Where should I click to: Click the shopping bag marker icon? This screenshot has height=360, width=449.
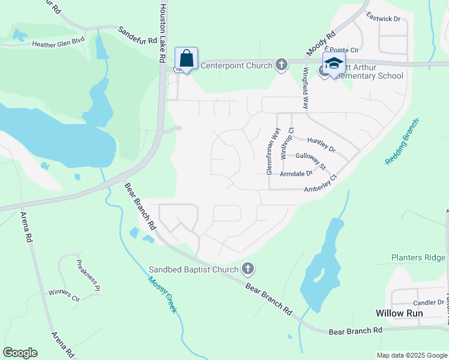tap(186, 59)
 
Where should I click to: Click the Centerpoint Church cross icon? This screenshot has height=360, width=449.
tap(281, 64)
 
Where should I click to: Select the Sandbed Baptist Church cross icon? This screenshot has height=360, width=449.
tap(247, 268)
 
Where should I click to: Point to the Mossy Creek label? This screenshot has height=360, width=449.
tap(163, 293)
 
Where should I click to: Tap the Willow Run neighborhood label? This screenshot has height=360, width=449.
tap(399, 313)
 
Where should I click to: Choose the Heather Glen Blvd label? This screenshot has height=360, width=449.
tap(59, 43)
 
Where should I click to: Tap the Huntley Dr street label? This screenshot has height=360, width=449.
tap(321, 144)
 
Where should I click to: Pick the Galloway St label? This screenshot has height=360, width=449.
tap(310, 160)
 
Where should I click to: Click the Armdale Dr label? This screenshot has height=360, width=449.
tap(297, 174)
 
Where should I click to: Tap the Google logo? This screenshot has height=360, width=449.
tap(20, 353)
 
